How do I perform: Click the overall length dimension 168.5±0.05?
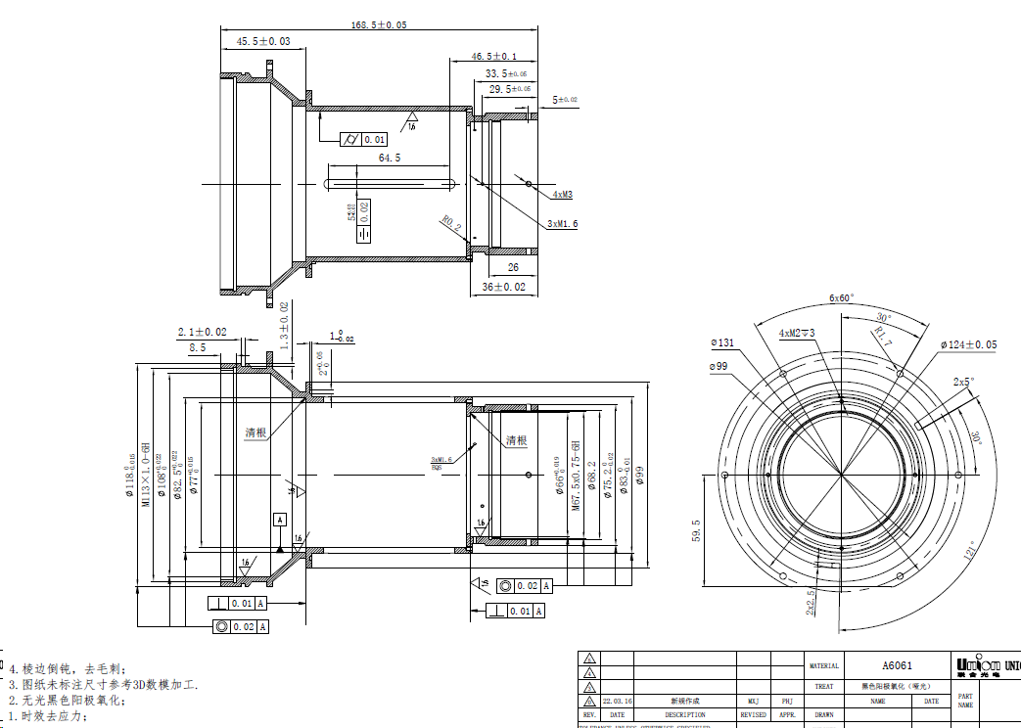(x=377, y=24)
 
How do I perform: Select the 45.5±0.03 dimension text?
(x=263, y=41)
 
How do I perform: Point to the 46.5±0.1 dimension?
(x=494, y=57)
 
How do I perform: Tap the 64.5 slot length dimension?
(x=389, y=158)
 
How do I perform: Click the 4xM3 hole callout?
(x=562, y=195)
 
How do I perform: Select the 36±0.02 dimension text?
(x=504, y=287)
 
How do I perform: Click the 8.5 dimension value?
(x=198, y=346)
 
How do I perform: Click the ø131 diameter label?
(x=722, y=342)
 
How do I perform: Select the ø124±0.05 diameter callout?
(x=969, y=344)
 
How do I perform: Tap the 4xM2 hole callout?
(x=796, y=334)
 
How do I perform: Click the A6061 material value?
(x=896, y=665)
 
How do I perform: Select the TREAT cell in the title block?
(x=823, y=686)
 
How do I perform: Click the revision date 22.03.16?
(x=617, y=701)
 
